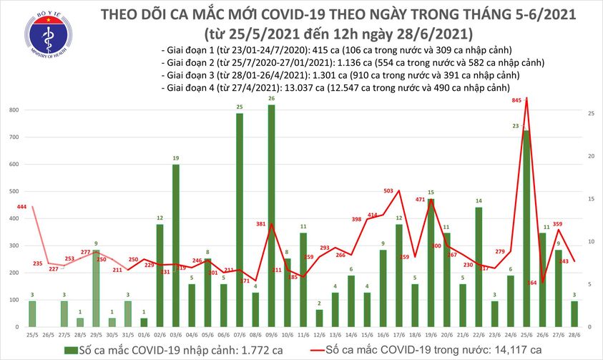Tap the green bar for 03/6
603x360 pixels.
click(x=176, y=243)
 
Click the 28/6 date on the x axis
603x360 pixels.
click(x=574, y=335)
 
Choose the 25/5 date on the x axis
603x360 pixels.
click(x=31, y=335)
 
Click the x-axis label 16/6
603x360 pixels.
click(x=383, y=335)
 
